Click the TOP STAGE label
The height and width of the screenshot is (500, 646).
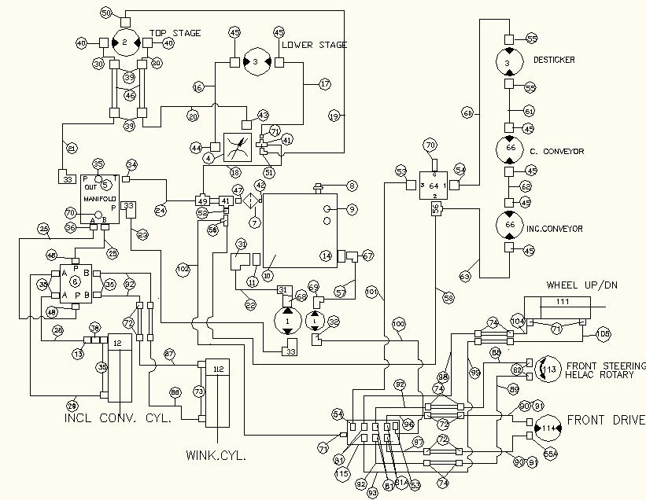[x=175, y=33]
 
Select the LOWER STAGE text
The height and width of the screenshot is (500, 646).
[x=315, y=45]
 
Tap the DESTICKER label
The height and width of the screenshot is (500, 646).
[x=554, y=60]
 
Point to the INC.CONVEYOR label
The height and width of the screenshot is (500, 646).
[x=556, y=229]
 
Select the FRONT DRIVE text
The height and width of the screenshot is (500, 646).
[x=605, y=420]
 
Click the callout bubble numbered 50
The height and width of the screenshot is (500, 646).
[x=106, y=13]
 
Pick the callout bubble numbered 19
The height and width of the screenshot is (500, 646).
[x=334, y=116]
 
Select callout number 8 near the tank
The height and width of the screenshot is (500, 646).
[x=352, y=186]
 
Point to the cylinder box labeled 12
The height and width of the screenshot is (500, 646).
[x=116, y=344]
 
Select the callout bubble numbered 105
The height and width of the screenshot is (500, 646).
[x=604, y=334]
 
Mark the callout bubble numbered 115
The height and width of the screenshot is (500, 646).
[x=341, y=474]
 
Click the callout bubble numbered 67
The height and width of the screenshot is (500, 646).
[x=367, y=256]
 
